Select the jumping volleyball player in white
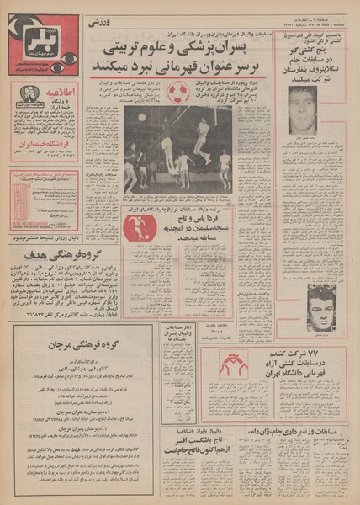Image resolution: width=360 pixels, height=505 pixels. tap(202, 135)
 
